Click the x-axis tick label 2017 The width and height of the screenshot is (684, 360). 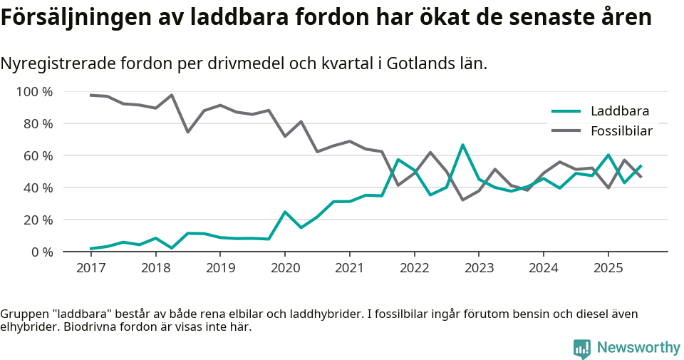pyautogui.click(x=90, y=269)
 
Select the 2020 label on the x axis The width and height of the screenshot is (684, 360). pyautogui.click(x=284, y=269)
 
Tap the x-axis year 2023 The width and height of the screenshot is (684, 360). pyautogui.click(x=478, y=269)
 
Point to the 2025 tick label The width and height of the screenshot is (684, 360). pyautogui.click(x=608, y=269)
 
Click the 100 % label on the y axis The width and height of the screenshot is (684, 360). pyautogui.click(x=35, y=92)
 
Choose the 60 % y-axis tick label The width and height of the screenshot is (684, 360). pyautogui.click(x=38, y=156)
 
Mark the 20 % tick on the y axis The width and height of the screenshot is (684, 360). pyautogui.click(x=38, y=220)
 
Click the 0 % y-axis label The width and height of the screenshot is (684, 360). pyautogui.click(x=41, y=252)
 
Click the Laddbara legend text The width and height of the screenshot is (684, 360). pyautogui.click(x=620, y=111)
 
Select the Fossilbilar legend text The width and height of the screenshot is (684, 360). pyautogui.click(x=621, y=131)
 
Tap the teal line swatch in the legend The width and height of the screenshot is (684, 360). pyautogui.click(x=567, y=111)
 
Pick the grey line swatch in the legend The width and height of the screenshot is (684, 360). pyautogui.click(x=567, y=131)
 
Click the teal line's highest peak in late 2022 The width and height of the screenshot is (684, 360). pyautogui.click(x=462, y=145)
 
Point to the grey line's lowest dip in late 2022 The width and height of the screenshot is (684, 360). pyautogui.click(x=462, y=200)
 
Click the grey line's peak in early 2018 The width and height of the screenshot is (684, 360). pyautogui.click(x=172, y=96)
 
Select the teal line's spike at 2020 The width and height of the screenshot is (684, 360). pyautogui.click(x=285, y=212)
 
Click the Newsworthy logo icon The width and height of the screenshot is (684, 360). pyautogui.click(x=581, y=348)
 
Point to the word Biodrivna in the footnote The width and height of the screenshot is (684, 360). pyautogui.click(x=91, y=327)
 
